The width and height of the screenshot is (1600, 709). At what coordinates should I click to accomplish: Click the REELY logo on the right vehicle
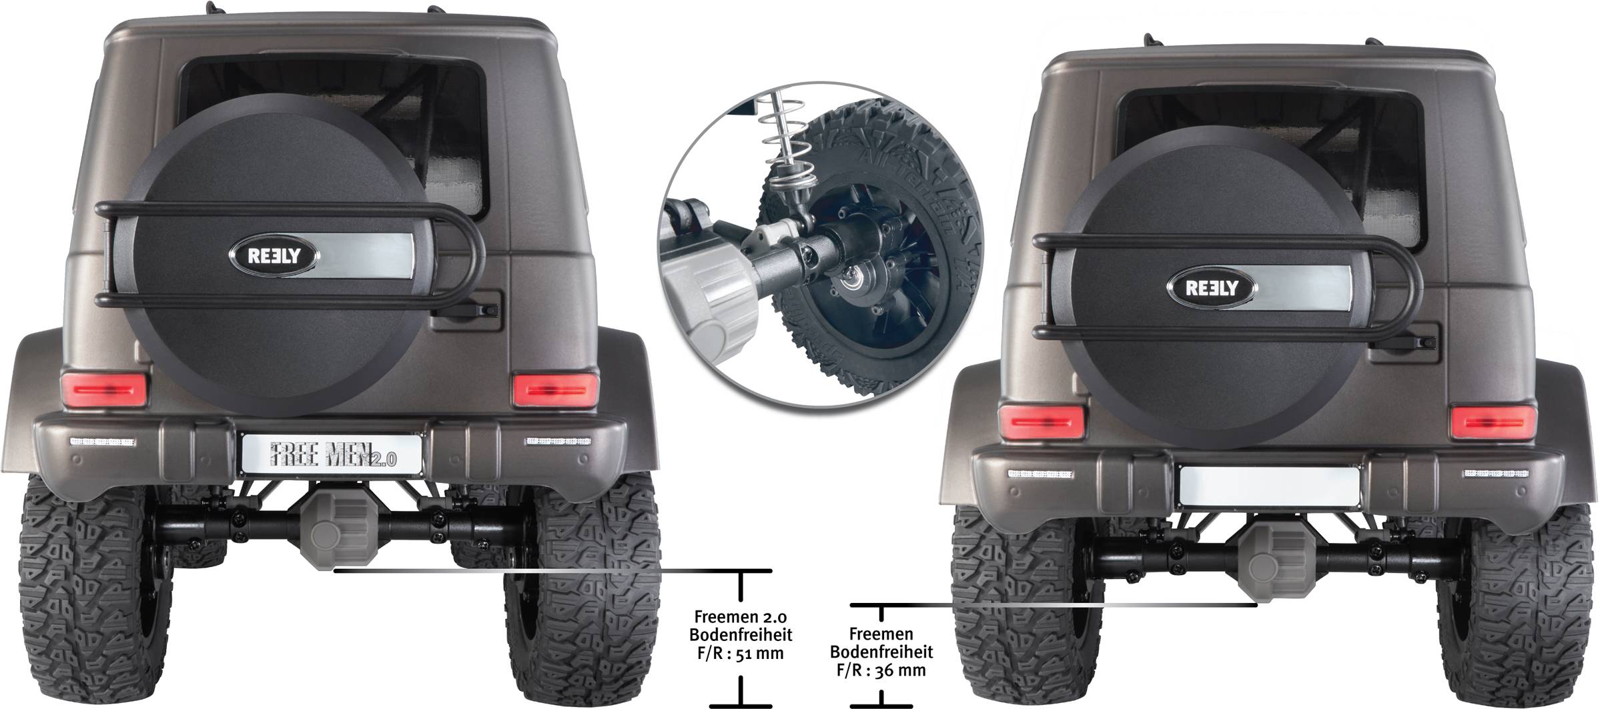(1211, 288)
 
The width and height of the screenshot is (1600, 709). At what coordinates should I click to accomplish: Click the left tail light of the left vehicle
(103, 390)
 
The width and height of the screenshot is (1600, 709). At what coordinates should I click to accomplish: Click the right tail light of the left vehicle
(555, 390)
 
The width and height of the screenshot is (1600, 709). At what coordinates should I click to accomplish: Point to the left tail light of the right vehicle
(1042, 422)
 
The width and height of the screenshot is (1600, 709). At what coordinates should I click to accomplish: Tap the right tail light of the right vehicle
(1493, 422)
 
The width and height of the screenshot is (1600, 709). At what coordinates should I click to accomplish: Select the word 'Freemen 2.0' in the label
(740, 617)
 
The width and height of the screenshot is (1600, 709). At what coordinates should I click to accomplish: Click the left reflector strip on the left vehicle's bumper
(103, 442)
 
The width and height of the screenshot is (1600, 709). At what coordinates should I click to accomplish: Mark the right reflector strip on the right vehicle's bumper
(1495, 474)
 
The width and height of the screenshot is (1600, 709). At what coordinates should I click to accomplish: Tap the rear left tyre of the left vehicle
(93, 587)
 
